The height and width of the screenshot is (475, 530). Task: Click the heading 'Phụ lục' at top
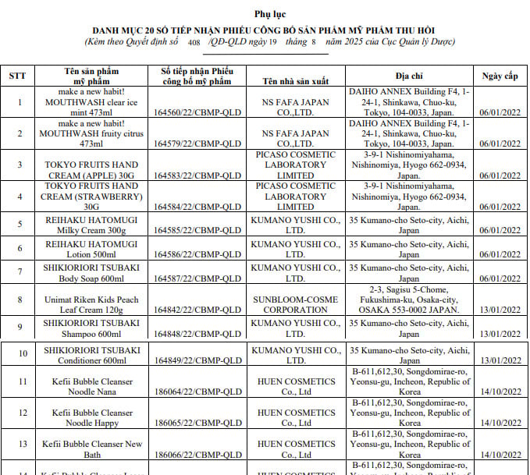(265, 15)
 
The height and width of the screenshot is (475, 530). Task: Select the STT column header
(17, 76)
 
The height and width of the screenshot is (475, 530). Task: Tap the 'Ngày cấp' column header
(500, 76)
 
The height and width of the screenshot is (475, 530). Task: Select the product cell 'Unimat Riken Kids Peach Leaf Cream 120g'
(91, 304)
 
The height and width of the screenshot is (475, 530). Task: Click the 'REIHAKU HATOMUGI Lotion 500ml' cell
(91, 250)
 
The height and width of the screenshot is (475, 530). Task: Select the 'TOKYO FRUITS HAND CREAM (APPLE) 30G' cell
(91, 170)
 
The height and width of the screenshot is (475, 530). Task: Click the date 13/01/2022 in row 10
(500, 361)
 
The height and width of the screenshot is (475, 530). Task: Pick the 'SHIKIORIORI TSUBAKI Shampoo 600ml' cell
(91, 328)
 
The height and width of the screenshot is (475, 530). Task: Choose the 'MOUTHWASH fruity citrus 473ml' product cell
(91, 133)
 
